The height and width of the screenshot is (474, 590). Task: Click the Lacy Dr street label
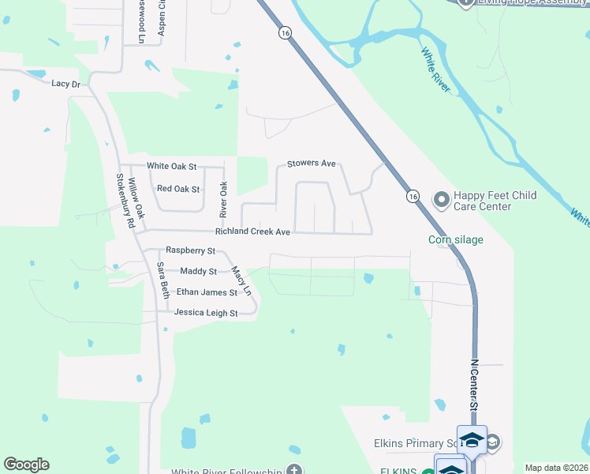click(65, 84)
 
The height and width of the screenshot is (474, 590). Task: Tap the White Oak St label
click(171, 167)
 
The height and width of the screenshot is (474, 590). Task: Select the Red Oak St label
click(178, 189)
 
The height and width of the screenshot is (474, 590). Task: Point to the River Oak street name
click(223, 200)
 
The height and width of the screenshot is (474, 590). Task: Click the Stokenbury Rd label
click(125, 201)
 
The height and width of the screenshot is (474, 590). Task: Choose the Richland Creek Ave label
click(253, 232)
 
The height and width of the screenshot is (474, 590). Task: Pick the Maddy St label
click(198, 272)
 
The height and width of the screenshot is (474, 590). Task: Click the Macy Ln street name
click(241, 280)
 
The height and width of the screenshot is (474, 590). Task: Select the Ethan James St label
click(207, 292)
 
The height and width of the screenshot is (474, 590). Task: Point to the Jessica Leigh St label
click(200, 314)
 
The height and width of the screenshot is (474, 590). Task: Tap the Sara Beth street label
click(162, 280)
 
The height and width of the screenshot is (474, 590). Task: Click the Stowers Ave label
click(311, 164)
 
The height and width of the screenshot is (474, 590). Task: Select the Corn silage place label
click(456, 240)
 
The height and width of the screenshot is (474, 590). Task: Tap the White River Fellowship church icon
click(294, 471)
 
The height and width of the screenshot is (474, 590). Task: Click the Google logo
click(26, 465)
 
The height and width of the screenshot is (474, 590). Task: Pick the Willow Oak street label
click(137, 198)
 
